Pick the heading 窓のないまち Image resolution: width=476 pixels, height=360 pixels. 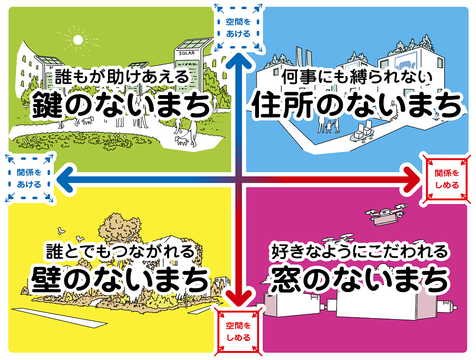tap(359, 279)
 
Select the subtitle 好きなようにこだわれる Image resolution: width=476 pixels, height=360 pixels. tap(359, 251)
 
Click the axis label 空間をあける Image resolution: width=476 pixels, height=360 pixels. tap(238, 28)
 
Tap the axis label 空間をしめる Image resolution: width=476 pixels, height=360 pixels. tap(238, 331)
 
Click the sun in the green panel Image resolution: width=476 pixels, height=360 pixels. tap(77, 41)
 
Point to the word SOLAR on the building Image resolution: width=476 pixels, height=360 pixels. tap(187, 53)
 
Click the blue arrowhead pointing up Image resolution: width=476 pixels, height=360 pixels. tap(238, 61)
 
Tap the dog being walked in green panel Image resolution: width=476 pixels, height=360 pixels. tap(181, 140)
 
